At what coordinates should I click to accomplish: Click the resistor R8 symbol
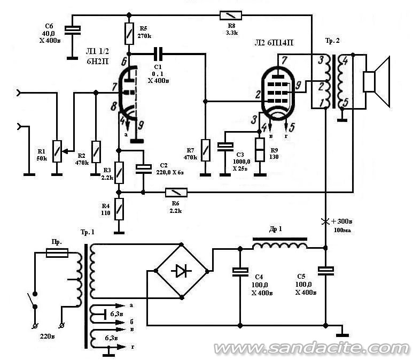tap(231, 16)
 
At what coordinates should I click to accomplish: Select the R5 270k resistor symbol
tap(129, 34)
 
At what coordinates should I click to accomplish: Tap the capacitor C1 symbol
tap(158, 54)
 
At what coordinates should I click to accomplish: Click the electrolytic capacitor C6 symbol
tap(73, 30)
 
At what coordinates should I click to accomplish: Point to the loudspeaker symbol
tap(376, 82)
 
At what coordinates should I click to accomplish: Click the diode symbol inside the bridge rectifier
tap(181, 271)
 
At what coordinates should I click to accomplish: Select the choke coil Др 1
tap(280, 244)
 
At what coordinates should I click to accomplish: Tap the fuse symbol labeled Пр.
tap(57, 252)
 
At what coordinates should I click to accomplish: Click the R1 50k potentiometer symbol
tap(57, 151)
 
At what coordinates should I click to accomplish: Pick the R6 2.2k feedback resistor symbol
tap(176, 193)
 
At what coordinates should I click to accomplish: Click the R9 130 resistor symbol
tap(260, 150)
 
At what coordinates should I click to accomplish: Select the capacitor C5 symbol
tap(325, 271)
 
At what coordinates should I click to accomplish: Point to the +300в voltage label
tap(341, 221)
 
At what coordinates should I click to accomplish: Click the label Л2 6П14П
tap(274, 43)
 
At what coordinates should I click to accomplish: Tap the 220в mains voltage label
tap(48, 336)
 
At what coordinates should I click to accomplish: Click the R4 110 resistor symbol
tap(119, 209)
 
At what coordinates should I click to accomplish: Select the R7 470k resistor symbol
tap(206, 150)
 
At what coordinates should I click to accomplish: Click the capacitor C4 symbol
tap(240, 272)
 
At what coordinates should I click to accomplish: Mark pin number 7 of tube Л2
tap(284, 60)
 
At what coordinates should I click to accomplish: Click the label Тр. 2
tap(332, 41)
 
